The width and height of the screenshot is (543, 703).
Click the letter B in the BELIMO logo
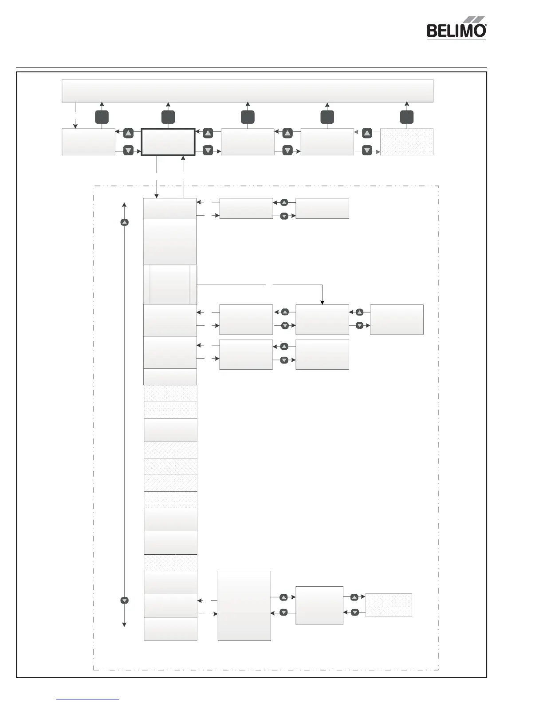(x=431, y=31)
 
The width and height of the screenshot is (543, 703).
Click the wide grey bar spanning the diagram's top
(x=247, y=91)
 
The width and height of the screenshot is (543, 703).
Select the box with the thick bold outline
(x=168, y=142)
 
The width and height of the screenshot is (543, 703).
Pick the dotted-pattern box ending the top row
(x=406, y=142)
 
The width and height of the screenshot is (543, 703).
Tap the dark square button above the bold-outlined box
(x=168, y=117)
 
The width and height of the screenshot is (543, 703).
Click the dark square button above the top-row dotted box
(x=406, y=117)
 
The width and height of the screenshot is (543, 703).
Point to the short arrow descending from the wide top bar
(x=75, y=115)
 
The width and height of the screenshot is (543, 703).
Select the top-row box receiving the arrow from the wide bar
(x=88, y=142)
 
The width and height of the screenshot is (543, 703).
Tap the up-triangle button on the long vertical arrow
(x=125, y=222)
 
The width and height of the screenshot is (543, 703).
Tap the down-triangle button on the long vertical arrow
(x=125, y=600)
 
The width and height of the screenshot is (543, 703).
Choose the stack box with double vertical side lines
(x=170, y=284)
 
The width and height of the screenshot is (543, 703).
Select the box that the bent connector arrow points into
(x=322, y=320)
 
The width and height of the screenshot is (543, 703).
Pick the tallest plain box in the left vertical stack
(x=169, y=241)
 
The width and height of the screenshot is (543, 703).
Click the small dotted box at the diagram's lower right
(x=388, y=605)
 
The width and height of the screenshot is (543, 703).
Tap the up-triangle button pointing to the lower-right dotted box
(x=355, y=597)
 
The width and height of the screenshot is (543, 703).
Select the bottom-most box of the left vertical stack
(x=170, y=629)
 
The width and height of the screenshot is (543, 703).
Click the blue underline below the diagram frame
(x=88, y=699)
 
